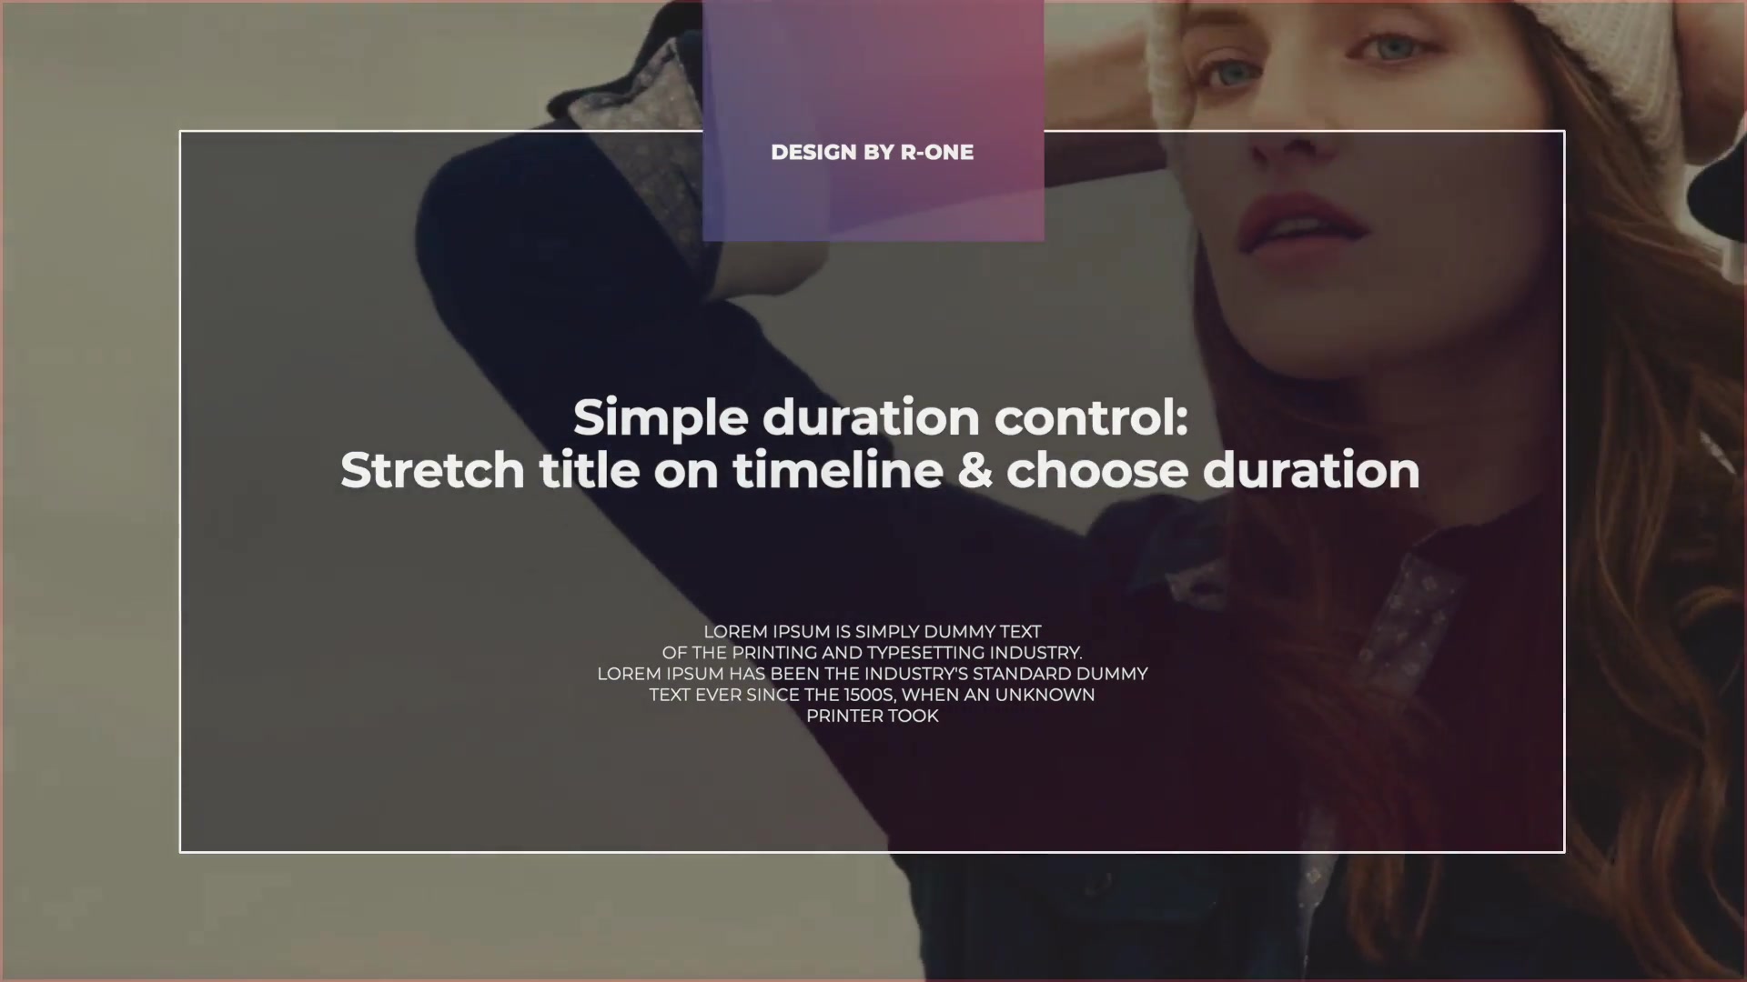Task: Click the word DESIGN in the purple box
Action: [813, 153]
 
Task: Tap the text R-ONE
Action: [936, 153]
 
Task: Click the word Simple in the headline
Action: [661, 419]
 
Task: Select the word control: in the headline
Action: [1091, 417]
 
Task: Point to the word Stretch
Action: [432, 470]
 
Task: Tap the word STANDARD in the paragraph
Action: [1022, 674]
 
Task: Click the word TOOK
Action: [914, 716]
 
